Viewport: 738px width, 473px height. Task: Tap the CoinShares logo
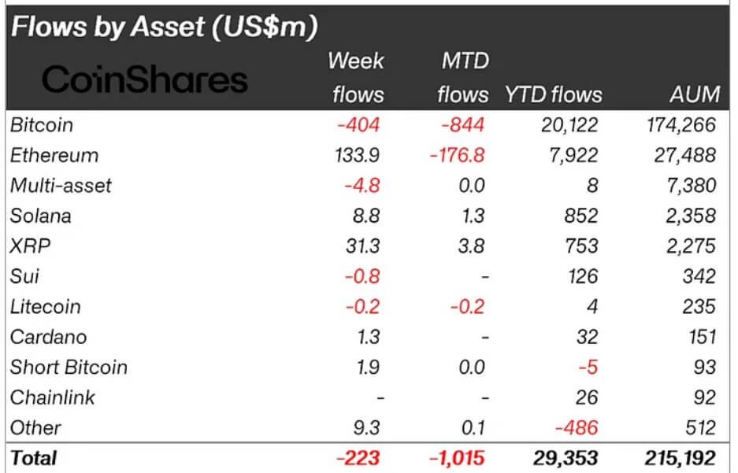tap(144, 79)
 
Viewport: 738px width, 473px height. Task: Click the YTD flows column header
tap(553, 95)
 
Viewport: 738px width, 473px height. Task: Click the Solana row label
tap(40, 216)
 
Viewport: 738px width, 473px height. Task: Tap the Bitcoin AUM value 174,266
tap(678, 125)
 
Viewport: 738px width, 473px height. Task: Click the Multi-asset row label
tap(61, 186)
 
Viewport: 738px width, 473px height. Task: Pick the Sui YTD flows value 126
tap(581, 276)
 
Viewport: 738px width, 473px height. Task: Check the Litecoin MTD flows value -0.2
tap(469, 306)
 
